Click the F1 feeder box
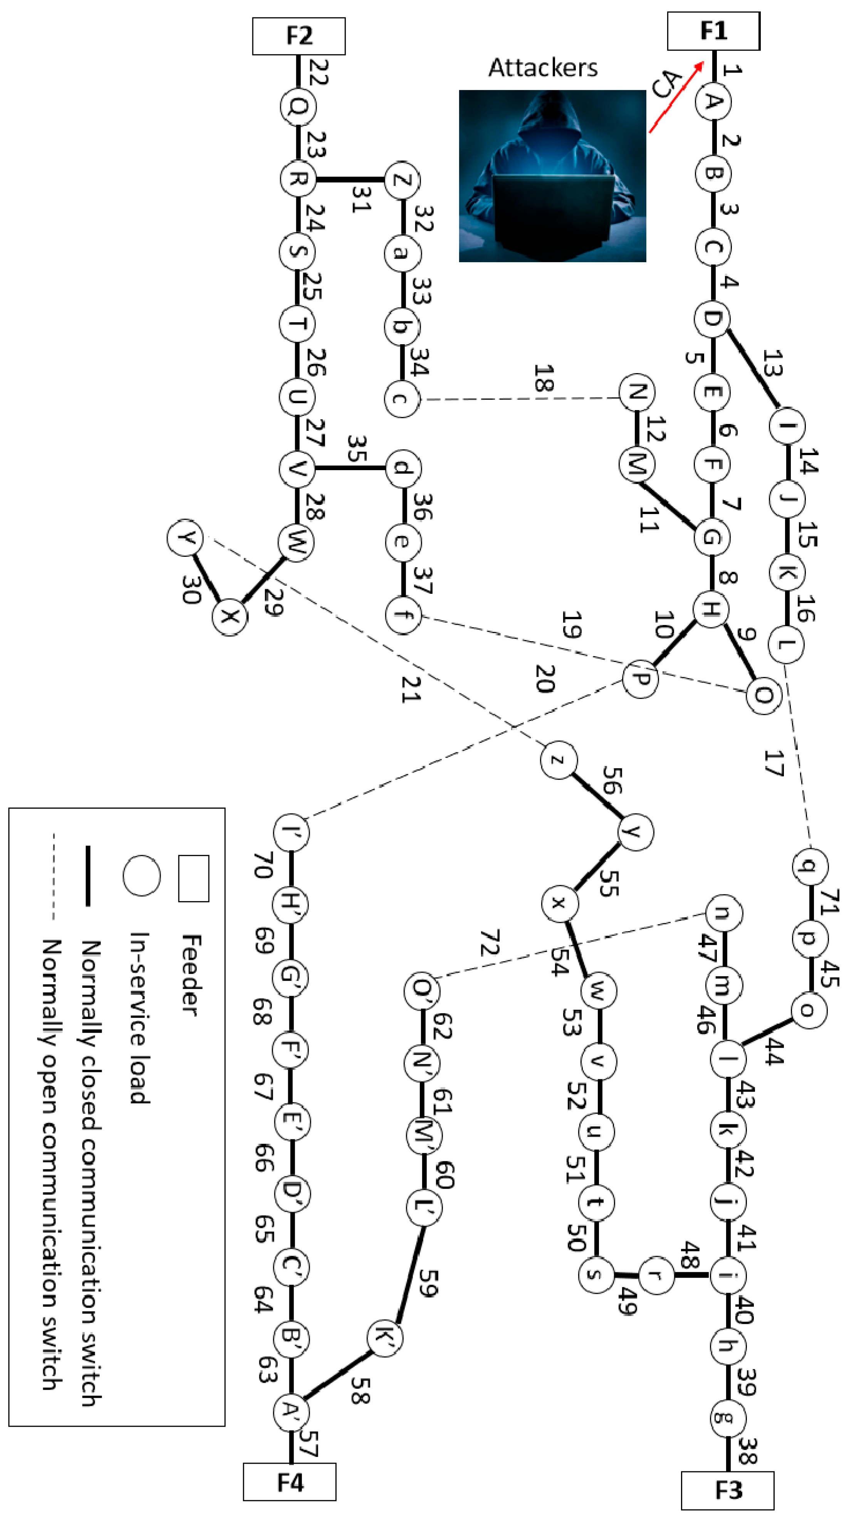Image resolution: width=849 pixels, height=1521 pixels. pos(713,31)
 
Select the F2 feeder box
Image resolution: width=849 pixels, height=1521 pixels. pos(299,36)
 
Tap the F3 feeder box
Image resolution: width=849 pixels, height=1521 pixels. pos(727,1490)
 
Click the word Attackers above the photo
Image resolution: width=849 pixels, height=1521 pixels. pos(542,68)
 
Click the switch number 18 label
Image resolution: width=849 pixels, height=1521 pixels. pos(544,378)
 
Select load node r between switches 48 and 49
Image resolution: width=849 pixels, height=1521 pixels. pos(656,1275)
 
